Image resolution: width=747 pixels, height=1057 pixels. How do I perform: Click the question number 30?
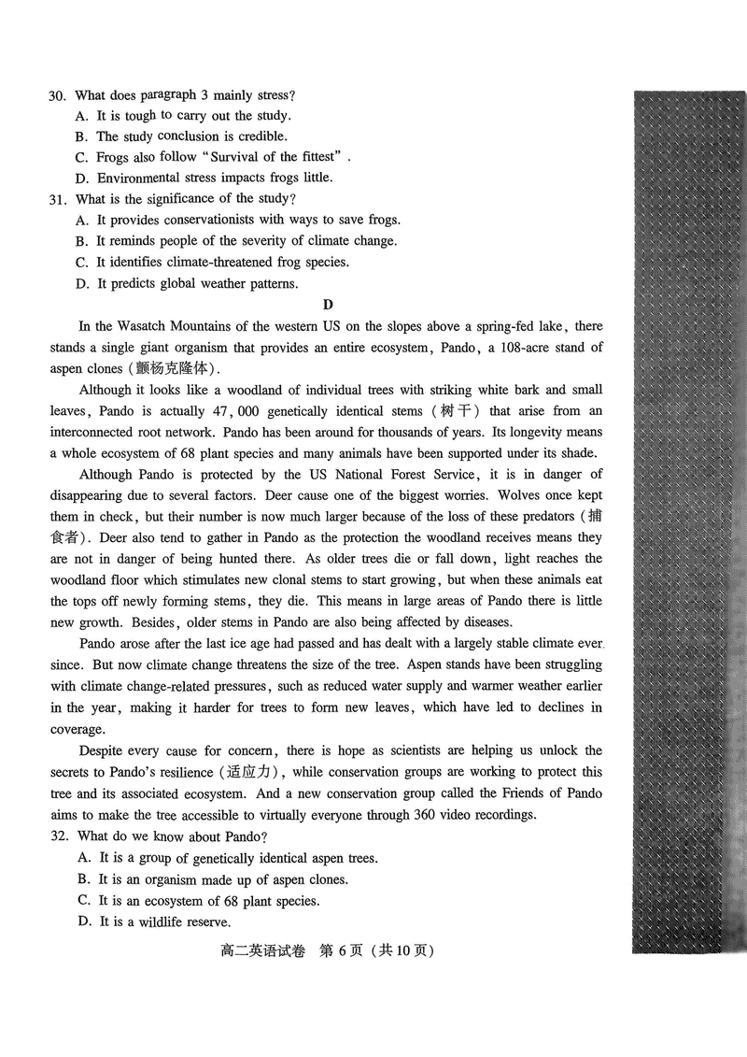pos(56,95)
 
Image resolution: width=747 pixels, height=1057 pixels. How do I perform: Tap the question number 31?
pos(56,199)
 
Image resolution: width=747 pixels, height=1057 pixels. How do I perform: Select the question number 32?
pos(56,836)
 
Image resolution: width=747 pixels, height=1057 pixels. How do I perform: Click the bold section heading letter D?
pos(327,305)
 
